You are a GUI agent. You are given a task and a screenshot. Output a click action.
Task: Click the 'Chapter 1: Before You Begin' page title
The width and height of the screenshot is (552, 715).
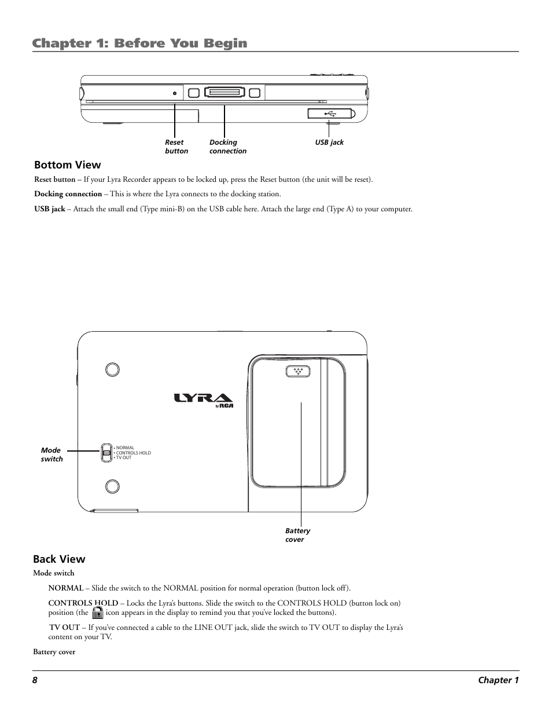140,43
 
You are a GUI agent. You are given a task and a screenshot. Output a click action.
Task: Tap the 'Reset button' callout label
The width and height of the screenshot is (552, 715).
176,146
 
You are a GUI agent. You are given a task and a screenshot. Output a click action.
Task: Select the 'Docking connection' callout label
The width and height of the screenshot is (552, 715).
227,146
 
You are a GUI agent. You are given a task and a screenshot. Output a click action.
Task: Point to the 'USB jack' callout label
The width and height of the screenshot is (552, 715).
329,142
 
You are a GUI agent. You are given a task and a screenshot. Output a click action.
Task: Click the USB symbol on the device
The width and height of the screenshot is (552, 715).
330,113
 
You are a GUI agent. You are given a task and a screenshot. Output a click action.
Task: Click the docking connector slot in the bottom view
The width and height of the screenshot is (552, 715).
224,92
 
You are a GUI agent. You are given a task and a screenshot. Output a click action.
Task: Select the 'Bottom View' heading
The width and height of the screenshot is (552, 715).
67,165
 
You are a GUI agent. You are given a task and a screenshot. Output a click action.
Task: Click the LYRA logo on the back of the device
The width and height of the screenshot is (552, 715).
203,399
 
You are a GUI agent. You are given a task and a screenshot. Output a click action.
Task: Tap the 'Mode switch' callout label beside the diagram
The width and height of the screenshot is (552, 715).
51,454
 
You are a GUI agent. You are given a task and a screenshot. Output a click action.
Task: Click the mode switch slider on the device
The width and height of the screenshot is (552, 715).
106,453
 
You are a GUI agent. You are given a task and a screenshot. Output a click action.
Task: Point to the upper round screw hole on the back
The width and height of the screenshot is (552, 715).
112,369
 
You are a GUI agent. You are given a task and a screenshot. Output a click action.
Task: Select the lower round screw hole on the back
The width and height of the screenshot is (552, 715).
112,486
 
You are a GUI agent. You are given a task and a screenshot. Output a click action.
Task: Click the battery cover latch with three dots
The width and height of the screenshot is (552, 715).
298,372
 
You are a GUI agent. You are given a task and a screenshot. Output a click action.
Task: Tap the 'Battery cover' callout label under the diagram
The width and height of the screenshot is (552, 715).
297,535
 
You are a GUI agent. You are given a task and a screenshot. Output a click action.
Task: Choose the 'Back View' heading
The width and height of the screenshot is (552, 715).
59,559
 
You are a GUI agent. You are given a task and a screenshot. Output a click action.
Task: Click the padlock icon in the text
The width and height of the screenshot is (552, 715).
98,613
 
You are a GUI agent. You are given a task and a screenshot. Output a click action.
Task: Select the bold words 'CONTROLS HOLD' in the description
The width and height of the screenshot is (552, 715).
83,603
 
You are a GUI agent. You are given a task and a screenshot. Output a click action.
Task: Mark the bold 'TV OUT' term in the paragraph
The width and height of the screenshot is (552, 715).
64,627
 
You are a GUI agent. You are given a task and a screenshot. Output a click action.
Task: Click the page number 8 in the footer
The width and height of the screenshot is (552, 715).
35,680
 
